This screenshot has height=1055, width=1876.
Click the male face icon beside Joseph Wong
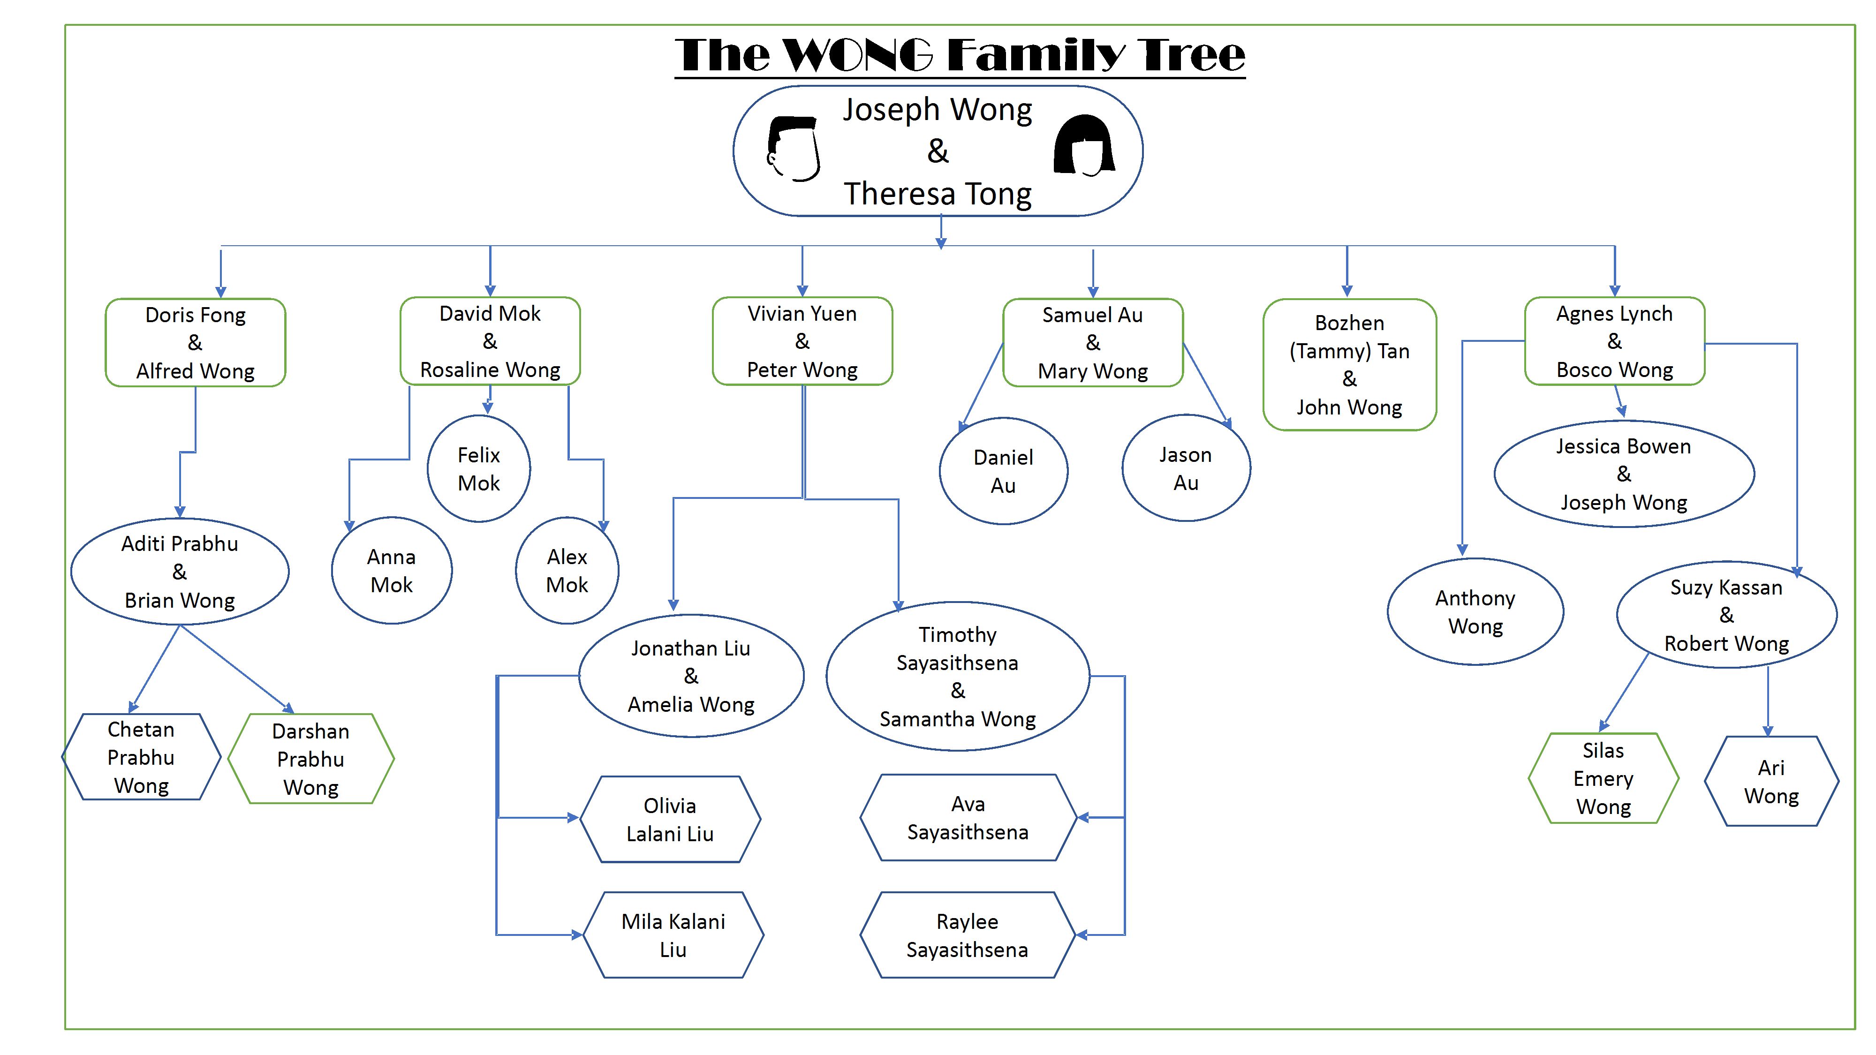tap(794, 149)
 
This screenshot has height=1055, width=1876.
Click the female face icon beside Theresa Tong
tap(1084, 146)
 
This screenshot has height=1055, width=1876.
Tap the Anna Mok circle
tap(392, 571)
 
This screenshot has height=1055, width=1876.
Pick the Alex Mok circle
tap(567, 571)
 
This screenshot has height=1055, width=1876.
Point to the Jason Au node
tap(1186, 468)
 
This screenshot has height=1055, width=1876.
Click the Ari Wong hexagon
tap(1771, 781)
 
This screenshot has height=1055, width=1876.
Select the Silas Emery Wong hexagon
tap(1603, 778)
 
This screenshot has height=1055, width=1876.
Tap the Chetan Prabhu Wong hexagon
tap(141, 757)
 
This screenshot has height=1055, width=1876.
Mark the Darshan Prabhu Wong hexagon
tap(311, 759)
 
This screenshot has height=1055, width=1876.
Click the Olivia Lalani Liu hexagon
tap(670, 819)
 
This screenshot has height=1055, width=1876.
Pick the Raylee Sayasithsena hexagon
tap(967, 935)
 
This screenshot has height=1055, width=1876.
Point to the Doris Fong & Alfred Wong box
tap(195, 342)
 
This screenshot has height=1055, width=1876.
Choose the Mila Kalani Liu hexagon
tap(673, 935)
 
